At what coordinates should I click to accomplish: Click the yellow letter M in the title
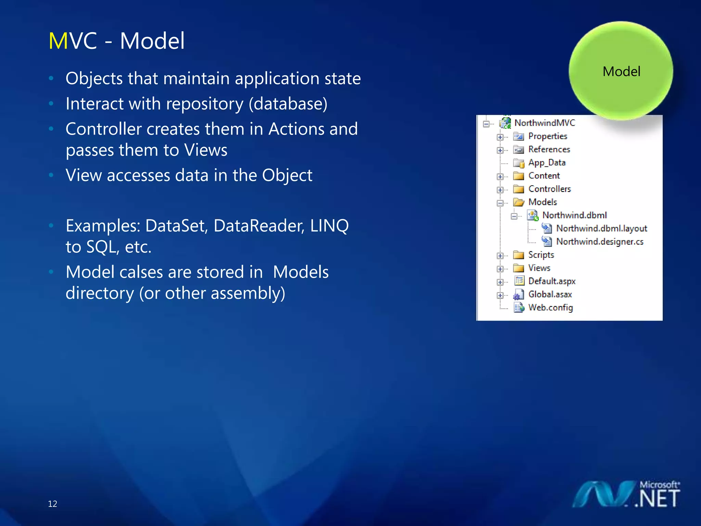[58, 41]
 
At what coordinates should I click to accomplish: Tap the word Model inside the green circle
[621, 72]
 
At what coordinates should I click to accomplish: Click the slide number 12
[52, 504]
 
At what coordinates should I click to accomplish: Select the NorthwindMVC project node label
[545, 123]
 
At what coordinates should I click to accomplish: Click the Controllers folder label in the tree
[549, 189]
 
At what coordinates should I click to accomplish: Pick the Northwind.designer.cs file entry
[599, 242]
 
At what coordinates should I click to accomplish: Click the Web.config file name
[550, 308]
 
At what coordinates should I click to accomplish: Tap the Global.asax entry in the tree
[550, 295]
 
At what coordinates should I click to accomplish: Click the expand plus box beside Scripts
[500, 256]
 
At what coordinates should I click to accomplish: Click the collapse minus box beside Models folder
[500, 203]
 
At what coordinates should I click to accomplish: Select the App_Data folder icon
[519, 163]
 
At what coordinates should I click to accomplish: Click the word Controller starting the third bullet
[103, 129]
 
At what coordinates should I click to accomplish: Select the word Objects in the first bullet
[94, 78]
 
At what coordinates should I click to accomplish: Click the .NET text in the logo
[657, 499]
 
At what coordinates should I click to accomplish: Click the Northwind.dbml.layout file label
[601, 228]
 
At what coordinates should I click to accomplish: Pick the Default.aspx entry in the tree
[551, 281]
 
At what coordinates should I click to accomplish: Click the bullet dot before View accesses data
[51, 175]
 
